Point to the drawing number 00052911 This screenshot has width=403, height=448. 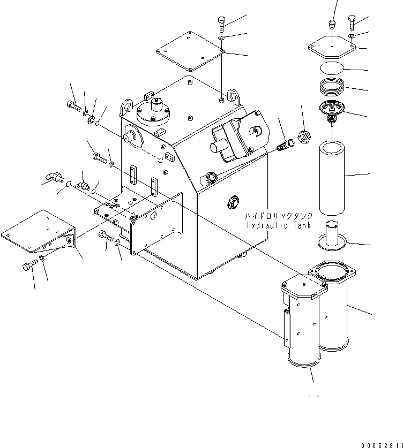tap(380, 444)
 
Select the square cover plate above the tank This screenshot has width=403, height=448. tap(189, 50)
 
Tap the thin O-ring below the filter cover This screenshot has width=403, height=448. tap(332, 69)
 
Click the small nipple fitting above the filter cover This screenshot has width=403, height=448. tap(332, 25)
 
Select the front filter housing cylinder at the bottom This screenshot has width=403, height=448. tap(303, 321)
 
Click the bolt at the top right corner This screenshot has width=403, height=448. tap(352, 21)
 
